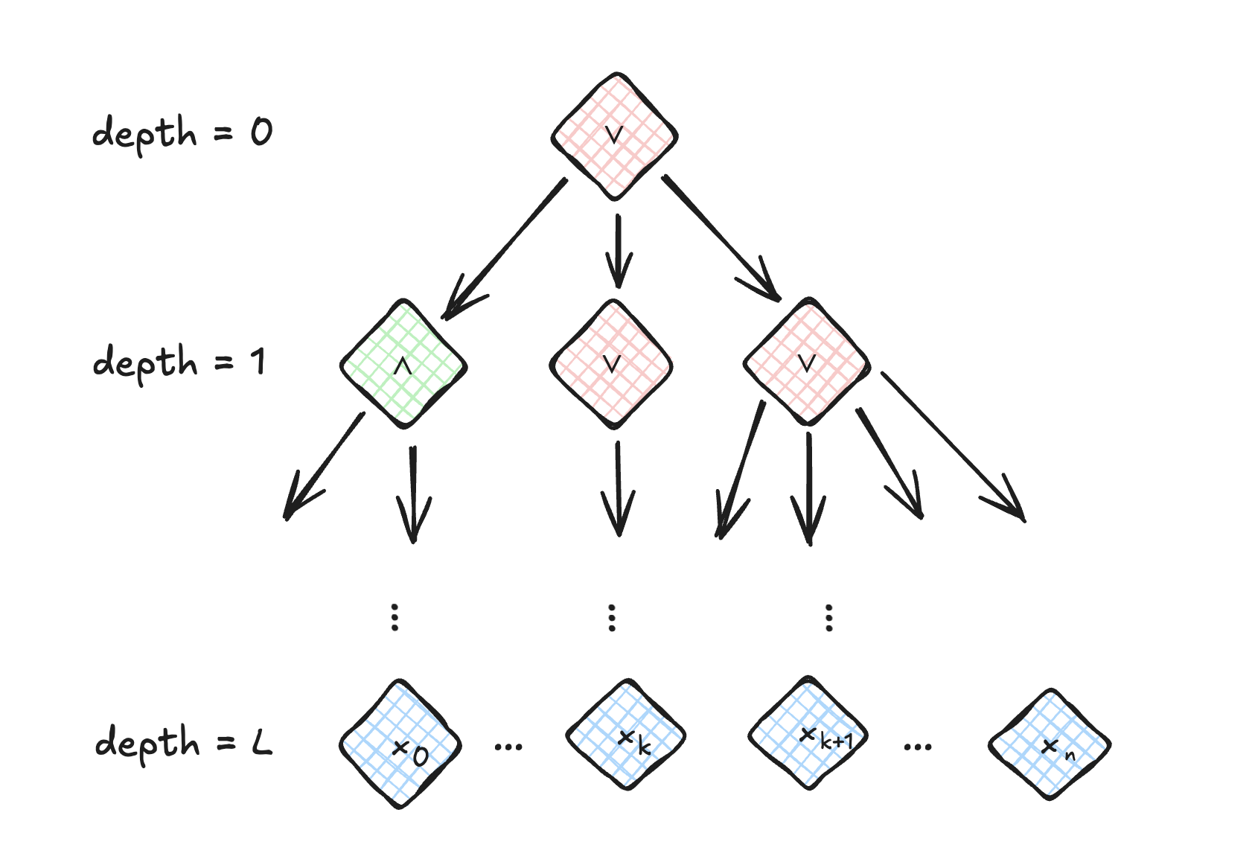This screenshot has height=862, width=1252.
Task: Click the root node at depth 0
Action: (x=614, y=136)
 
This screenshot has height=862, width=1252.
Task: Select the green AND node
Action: (x=403, y=365)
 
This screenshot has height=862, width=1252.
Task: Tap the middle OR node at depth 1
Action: (x=611, y=365)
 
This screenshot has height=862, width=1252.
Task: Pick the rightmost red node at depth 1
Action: (x=807, y=363)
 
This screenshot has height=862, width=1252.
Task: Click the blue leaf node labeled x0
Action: (x=401, y=744)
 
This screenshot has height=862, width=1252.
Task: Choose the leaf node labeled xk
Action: (x=626, y=735)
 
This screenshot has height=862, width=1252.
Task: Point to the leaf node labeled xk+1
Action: (x=809, y=734)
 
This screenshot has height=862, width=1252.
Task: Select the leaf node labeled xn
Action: (x=1050, y=744)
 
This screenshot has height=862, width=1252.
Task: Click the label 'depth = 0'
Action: (x=182, y=133)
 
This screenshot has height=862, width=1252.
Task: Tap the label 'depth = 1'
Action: (x=179, y=363)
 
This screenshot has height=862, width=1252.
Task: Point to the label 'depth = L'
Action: (x=184, y=742)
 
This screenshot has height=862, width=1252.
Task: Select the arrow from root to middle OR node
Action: (x=617, y=251)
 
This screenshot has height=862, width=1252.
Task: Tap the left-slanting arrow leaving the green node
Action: (x=325, y=465)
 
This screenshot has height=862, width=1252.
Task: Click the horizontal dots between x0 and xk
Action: (x=509, y=746)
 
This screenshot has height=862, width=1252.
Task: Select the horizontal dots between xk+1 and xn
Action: (x=917, y=746)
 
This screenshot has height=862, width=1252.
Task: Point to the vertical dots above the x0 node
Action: (x=395, y=617)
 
